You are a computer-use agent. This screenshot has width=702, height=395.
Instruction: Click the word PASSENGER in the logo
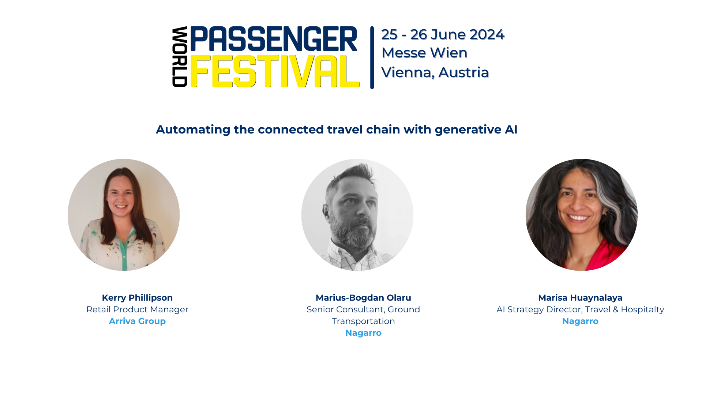coord(273,39)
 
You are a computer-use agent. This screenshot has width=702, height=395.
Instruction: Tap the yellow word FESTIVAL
coord(274,71)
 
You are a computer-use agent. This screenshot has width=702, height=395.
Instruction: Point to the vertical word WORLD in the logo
coord(180,57)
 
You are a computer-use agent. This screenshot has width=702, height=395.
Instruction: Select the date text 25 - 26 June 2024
coord(443,35)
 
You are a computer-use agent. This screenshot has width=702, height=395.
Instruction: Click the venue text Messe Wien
coord(424,53)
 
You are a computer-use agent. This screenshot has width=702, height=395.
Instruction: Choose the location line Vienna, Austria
coord(435,72)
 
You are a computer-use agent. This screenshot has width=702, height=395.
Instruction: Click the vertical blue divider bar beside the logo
coord(372,57)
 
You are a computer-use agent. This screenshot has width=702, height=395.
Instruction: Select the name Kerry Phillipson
coord(137,298)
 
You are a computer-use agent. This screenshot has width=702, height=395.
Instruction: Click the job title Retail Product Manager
coord(137,309)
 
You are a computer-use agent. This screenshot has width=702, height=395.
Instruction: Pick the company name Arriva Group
coord(137,321)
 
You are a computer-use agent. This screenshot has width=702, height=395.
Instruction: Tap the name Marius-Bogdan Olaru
coord(363,298)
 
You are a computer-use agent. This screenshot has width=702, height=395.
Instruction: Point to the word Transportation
coord(363,321)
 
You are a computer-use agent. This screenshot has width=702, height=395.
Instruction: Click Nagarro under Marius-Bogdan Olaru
coord(363,333)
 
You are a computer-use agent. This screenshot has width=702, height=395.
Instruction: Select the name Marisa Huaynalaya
coord(580,298)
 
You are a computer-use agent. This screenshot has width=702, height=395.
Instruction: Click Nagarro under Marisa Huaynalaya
coord(580,321)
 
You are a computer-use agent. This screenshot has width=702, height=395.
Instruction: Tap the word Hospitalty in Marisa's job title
coord(642,309)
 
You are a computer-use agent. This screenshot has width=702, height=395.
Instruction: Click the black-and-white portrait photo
coord(357,215)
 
